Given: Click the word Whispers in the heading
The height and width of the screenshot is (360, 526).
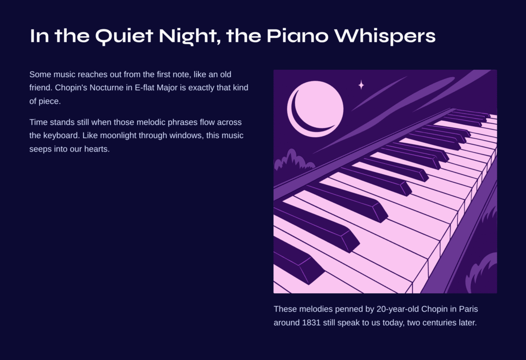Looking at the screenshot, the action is pyautogui.click(x=385, y=36).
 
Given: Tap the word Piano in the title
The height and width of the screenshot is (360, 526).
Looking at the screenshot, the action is pyautogui.click(x=297, y=35).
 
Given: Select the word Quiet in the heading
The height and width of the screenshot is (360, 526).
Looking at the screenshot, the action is pyautogui.click(x=124, y=36).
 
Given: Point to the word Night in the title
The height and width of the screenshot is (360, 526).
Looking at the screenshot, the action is pyautogui.click(x=190, y=36).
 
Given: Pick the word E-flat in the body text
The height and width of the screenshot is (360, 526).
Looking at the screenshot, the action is pyautogui.click(x=144, y=88).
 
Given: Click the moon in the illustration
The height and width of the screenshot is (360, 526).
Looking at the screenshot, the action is pyautogui.click(x=315, y=109).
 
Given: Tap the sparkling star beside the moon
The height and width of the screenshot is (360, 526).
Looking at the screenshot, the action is pyautogui.click(x=361, y=85).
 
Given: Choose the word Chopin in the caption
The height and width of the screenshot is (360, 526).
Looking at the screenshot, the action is pyautogui.click(x=435, y=309).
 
